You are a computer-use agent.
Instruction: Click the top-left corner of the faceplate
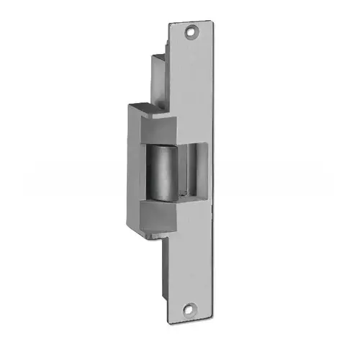(170, 24)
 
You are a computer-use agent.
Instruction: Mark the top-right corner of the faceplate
(214, 22)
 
